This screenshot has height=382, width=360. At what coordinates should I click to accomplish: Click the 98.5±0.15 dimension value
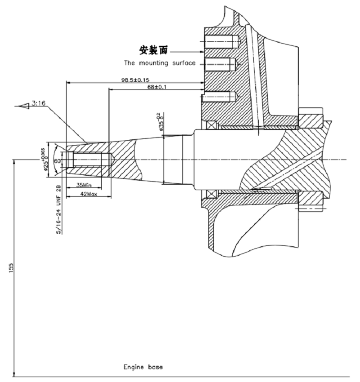pos(135,80)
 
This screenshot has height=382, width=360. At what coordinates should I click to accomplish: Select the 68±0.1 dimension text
pos(157,87)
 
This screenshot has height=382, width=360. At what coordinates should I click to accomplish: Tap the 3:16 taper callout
pos(38,104)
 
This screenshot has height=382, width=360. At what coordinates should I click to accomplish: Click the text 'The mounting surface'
pos(160,63)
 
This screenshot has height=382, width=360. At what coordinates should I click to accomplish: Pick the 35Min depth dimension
pos(84,185)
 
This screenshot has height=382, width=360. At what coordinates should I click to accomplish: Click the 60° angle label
pos(57,160)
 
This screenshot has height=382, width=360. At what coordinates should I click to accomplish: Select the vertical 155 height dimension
pos(12,267)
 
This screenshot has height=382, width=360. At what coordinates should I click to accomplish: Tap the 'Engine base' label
pos(143,367)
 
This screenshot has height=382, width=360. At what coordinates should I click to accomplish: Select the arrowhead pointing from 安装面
pos(200,52)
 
